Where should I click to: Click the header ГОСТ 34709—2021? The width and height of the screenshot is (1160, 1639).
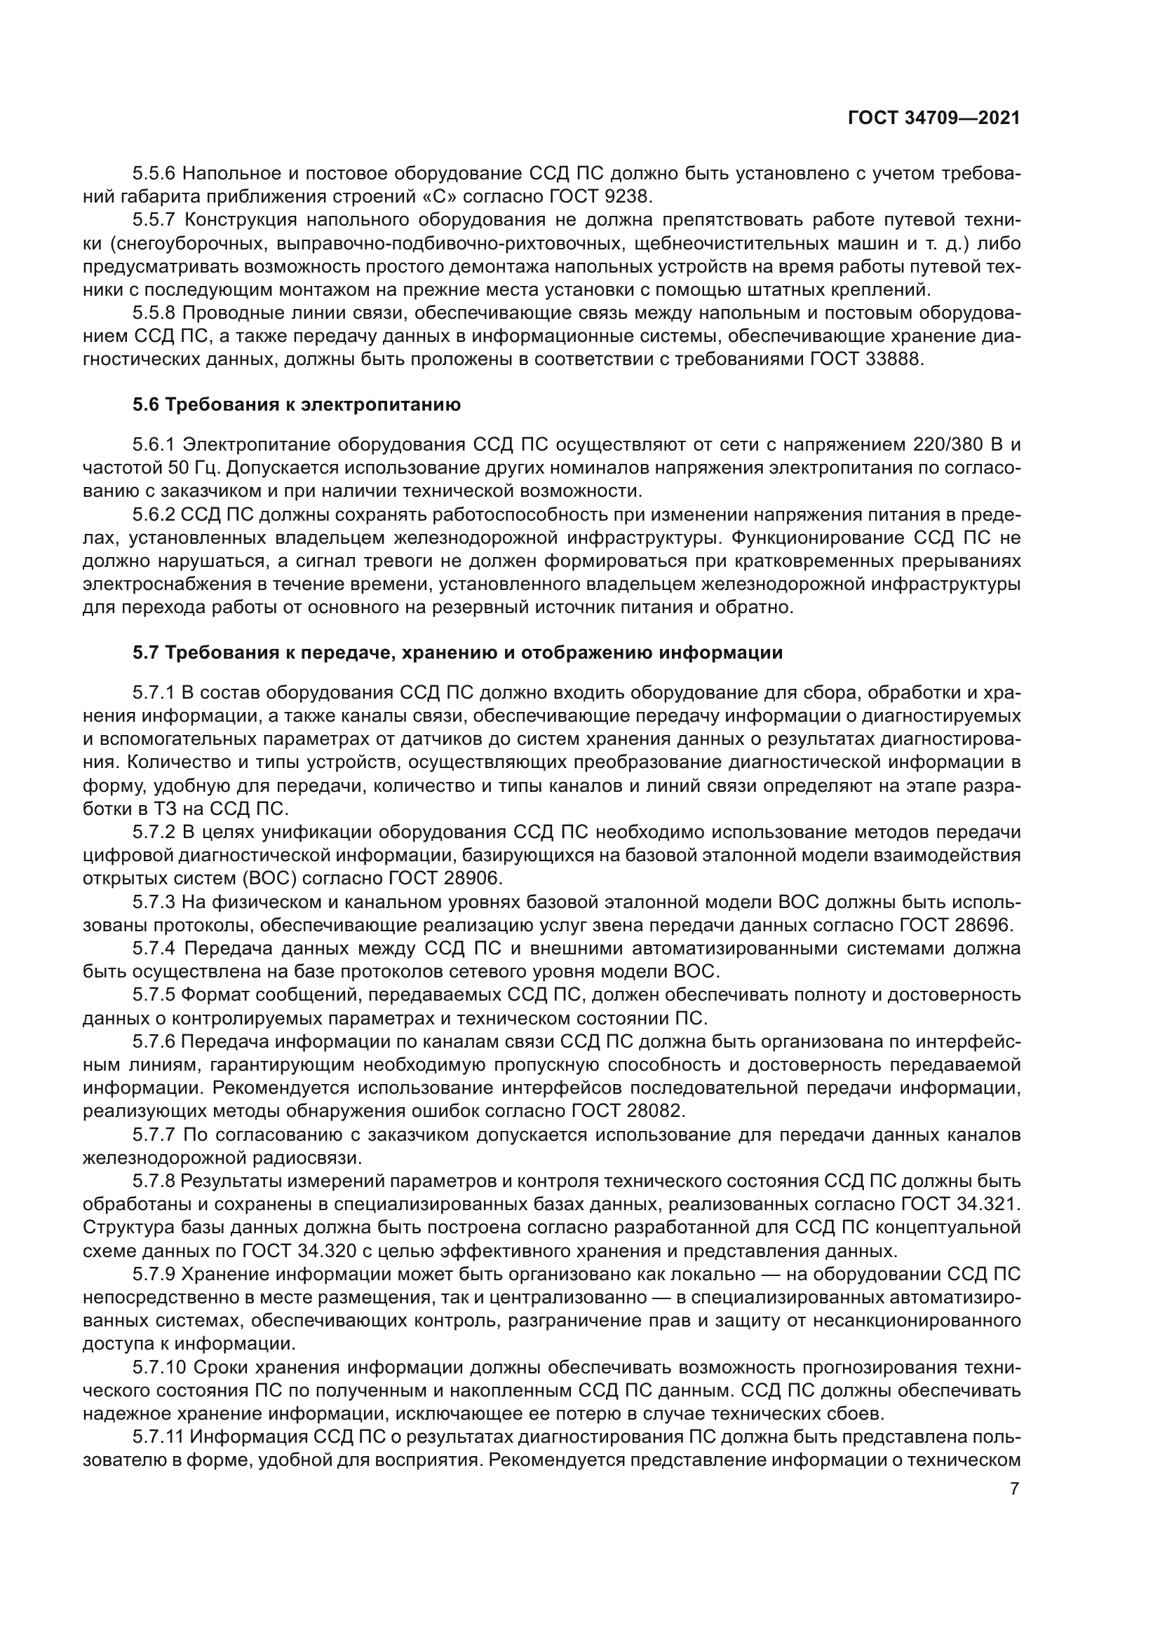coord(933,118)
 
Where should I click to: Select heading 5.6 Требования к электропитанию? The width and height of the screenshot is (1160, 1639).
coord(297,405)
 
